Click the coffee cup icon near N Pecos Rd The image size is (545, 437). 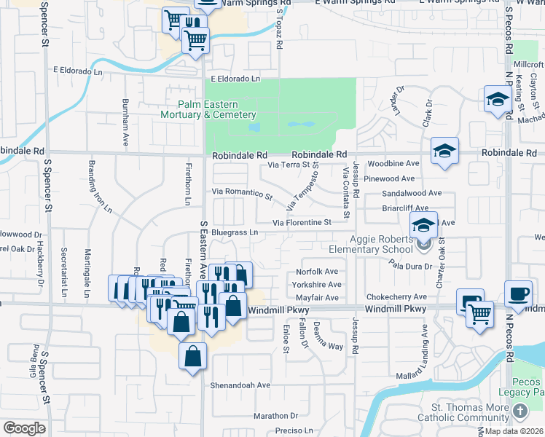pyautogui.click(x=518, y=294)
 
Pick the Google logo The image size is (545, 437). pyautogui.click(x=24, y=428)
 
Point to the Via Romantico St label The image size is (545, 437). pyautogui.click(x=242, y=194)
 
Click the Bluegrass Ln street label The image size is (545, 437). pyautogui.click(x=235, y=232)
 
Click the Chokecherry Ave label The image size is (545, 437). pyautogui.click(x=396, y=297)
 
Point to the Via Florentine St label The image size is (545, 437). pyautogui.click(x=302, y=222)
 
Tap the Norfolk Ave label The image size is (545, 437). pyautogui.click(x=318, y=272)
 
